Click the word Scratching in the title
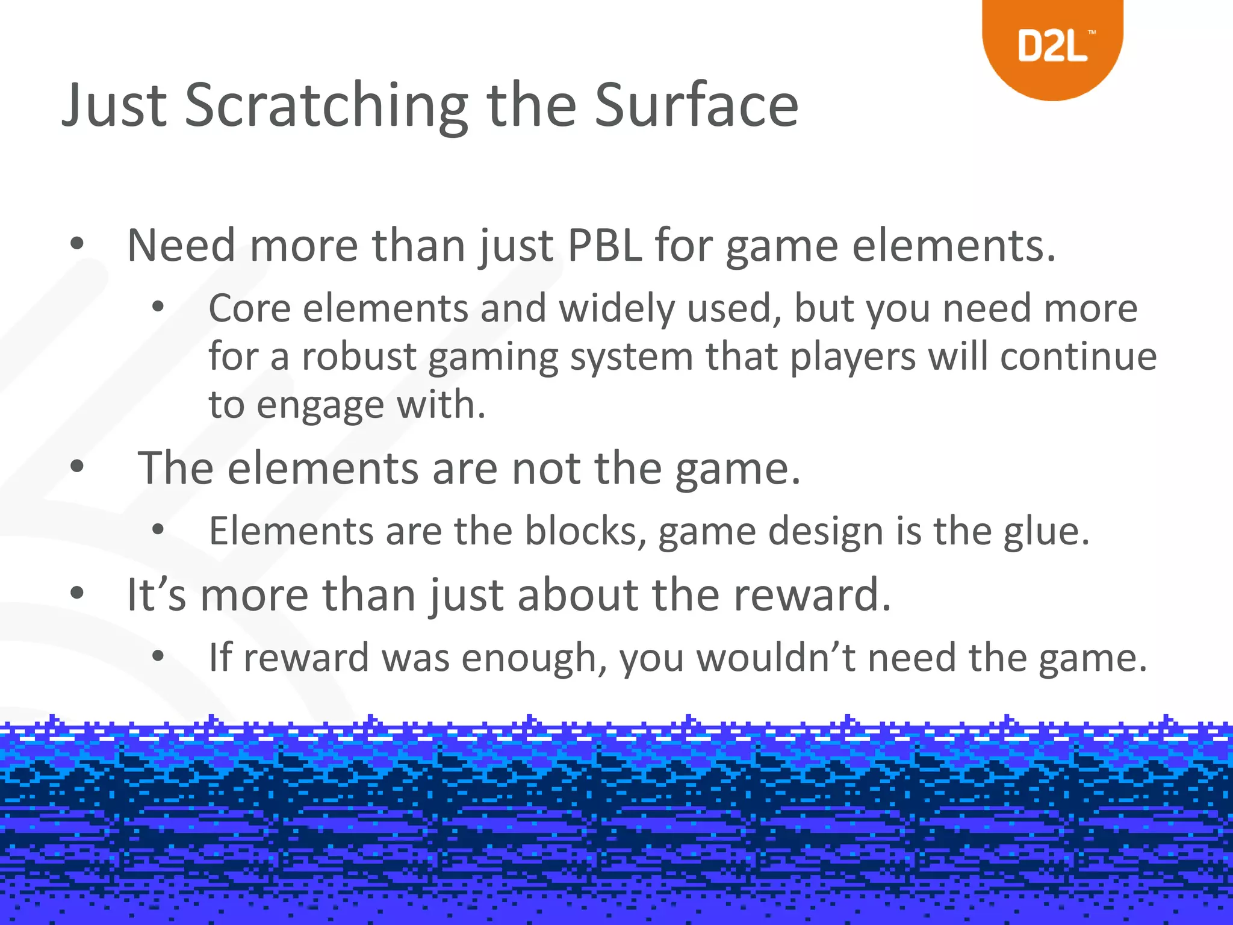click(x=326, y=105)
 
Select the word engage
click(x=320, y=405)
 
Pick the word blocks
click(x=581, y=531)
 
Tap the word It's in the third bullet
click(x=156, y=595)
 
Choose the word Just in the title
click(x=114, y=105)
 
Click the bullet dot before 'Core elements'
click(x=158, y=307)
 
